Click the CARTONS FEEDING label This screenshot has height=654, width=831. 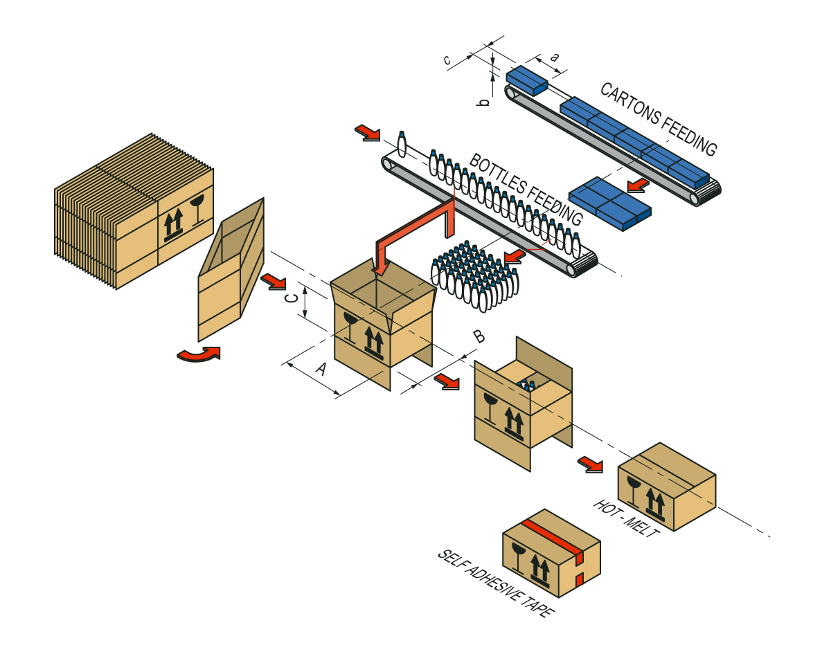[x=658, y=118]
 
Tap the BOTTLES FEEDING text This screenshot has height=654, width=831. [x=526, y=189]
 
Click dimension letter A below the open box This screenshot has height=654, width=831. [x=321, y=369]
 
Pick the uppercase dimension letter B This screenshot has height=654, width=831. [x=479, y=337]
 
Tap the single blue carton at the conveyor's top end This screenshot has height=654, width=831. [x=526, y=80]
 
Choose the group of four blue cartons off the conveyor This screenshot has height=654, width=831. [x=609, y=203]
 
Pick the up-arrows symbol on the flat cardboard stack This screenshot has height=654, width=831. [x=173, y=224]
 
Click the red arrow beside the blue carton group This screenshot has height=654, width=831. [x=637, y=184]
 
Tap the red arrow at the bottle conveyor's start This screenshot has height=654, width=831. [x=367, y=132]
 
